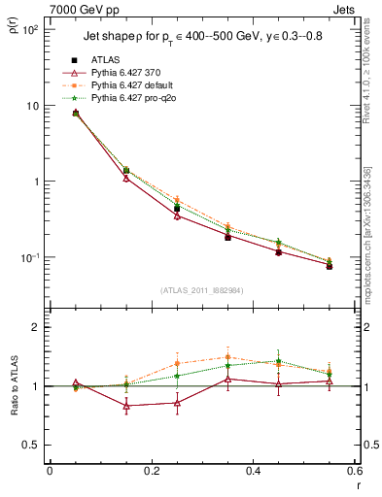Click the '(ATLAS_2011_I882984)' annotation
tap(201, 290)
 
